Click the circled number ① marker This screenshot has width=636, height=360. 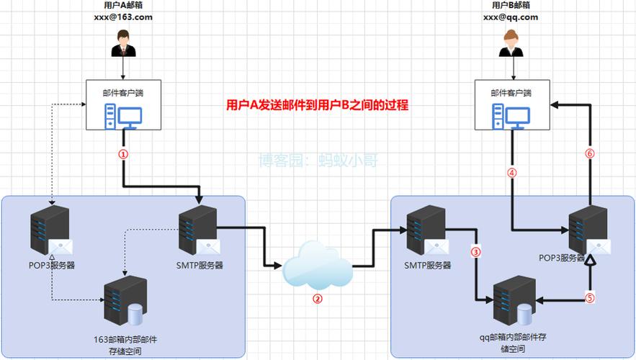click(x=123, y=153)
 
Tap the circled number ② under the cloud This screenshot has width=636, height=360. click(x=317, y=300)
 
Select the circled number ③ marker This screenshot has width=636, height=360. click(x=475, y=251)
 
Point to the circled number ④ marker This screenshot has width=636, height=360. click(x=512, y=173)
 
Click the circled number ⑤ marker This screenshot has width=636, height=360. click(x=589, y=298)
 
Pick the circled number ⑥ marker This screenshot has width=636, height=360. click(x=589, y=153)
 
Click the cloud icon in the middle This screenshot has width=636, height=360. click(x=318, y=264)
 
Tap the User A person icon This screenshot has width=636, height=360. click(x=123, y=44)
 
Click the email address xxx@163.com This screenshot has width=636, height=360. click(x=123, y=17)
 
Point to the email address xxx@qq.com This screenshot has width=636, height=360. click(x=512, y=17)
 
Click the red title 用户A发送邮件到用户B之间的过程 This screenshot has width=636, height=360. click(x=317, y=105)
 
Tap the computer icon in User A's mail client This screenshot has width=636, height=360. click(x=123, y=114)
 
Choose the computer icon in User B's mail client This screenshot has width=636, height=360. click(x=512, y=114)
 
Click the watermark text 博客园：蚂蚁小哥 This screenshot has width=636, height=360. click(x=318, y=161)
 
